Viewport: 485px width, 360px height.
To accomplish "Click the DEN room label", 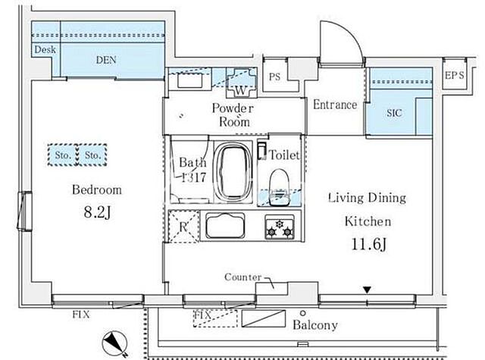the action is coord(106,60).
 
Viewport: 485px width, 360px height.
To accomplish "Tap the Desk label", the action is coord(45,49).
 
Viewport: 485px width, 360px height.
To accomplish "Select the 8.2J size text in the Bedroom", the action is coord(97,212).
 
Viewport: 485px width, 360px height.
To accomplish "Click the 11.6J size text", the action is coord(369,244).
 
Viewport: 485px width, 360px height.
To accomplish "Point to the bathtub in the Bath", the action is coord(233,173).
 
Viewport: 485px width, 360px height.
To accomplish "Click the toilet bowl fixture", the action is coord(280,186).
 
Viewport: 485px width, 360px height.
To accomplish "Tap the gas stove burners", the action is coord(280,227).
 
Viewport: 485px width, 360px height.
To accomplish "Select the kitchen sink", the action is coord(225,226).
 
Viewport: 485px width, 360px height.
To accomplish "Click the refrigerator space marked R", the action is coord(183,227).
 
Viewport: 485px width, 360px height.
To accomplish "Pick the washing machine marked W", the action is coord(241,83).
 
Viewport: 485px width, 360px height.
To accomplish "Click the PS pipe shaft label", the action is coord(274,77).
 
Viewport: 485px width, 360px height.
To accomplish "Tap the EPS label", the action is coord(455,75).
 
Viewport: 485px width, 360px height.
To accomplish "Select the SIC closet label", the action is coord(394,113).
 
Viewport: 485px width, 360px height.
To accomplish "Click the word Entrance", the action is coord(335,105).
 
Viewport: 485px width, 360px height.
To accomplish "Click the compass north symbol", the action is coord(114,343).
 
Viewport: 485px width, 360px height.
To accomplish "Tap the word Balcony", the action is coord(315,325).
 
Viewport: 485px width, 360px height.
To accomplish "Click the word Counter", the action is coord(242,277).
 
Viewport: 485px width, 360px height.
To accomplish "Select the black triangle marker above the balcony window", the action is coord(367,290).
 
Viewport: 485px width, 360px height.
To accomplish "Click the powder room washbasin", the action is coord(190,80).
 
